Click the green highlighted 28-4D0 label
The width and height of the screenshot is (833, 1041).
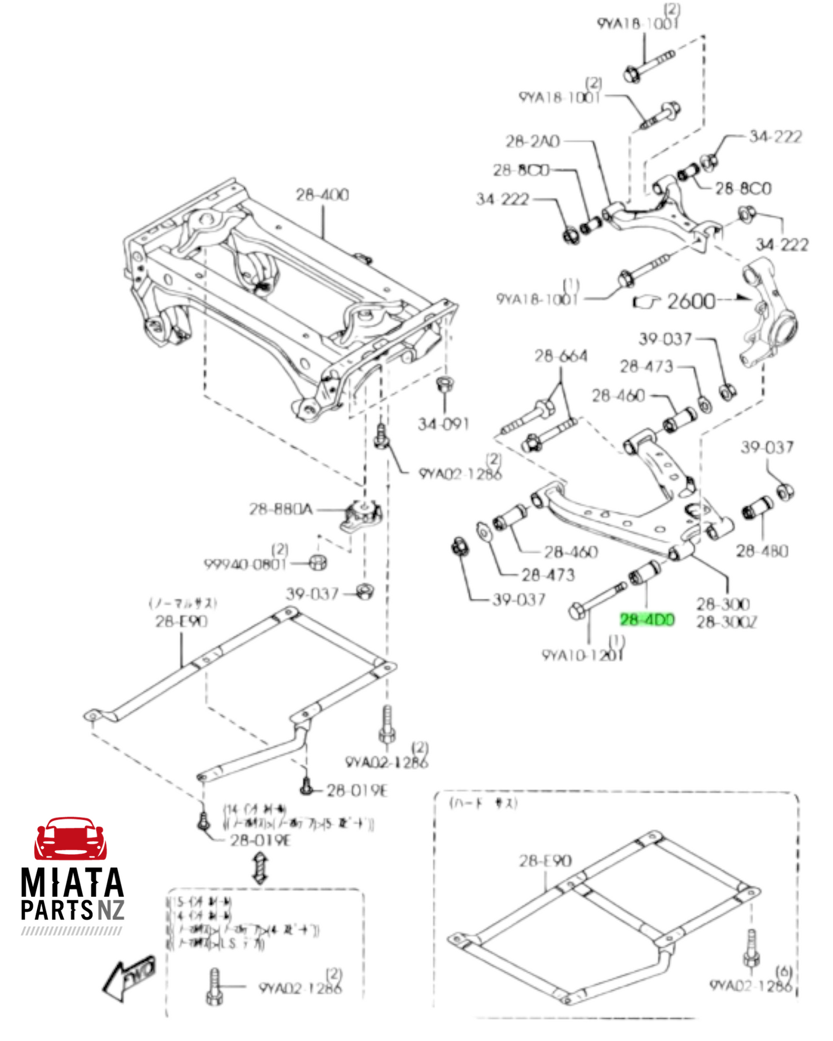click(647, 620)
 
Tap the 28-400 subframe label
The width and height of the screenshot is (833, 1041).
click(322, 195)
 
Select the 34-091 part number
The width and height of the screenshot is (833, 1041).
click(443, 424)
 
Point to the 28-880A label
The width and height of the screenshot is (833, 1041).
click(280, 509)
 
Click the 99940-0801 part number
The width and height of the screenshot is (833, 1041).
click(245, 564)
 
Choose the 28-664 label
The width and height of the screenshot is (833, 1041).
click(560, 356)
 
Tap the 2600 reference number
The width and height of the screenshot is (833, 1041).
click(691, 301)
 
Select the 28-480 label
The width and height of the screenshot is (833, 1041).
click(762, 551)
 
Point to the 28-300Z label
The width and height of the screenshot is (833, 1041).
click(726, 622)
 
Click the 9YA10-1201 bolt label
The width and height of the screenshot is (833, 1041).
click(582, 655)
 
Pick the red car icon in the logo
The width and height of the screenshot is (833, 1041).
click(70, 838)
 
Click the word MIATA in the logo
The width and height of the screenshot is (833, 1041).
click(72, 882)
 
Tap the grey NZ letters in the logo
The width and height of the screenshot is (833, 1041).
click(111, 910)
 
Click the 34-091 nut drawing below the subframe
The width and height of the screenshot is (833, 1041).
click(443, 384)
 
